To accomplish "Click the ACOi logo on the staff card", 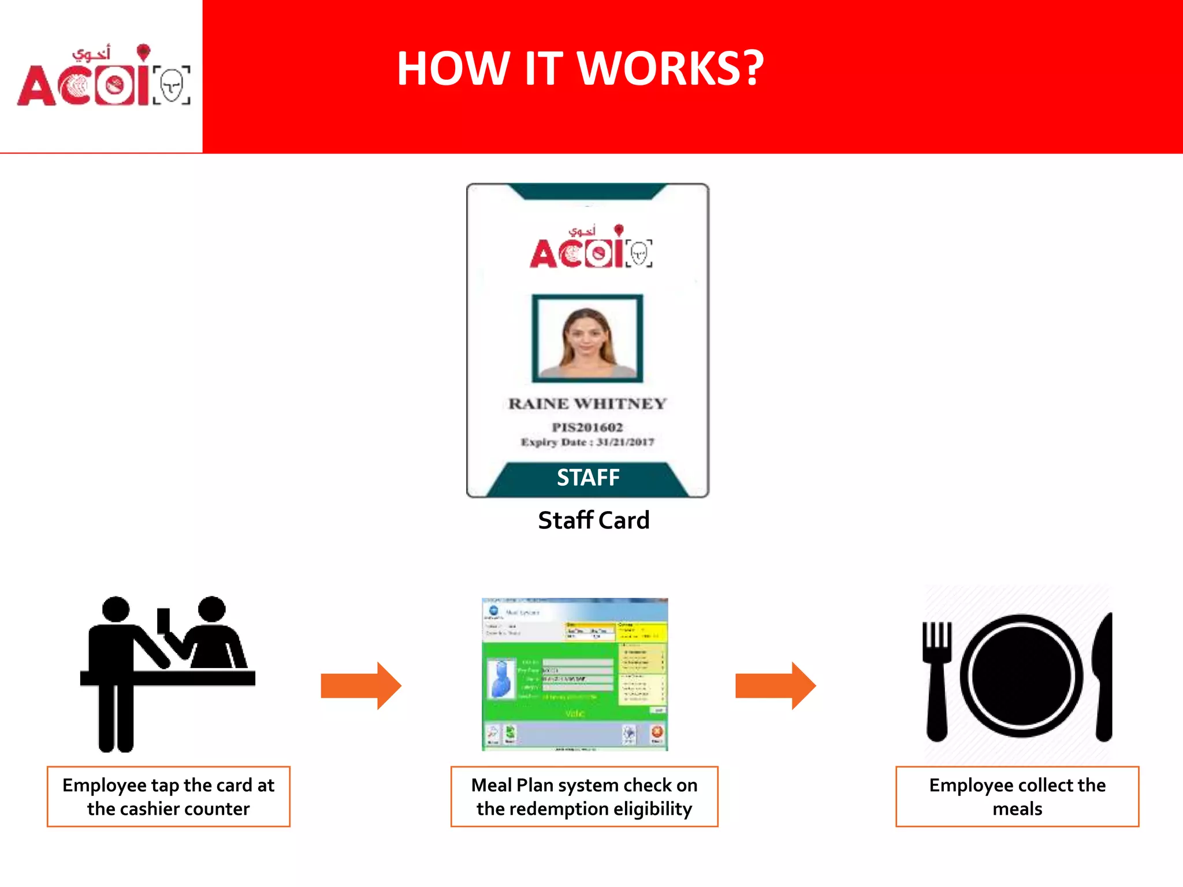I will (x=591, y=248).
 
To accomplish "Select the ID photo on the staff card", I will (x=587, y=338).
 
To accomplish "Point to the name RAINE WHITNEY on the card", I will (x=587, y=404).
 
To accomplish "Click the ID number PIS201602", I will (x=587, y=427).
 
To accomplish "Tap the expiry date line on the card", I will (x=587, y=442).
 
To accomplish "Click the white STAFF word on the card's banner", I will (x=588, y=478).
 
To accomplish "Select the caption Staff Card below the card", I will (x=594, y=520).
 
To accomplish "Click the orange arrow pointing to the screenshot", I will (x=361, y=685).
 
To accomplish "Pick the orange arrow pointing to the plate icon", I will (x=775, y=685).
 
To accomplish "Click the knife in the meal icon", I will (x=1103, y=679).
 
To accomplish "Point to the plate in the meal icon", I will (x=1021, y=676).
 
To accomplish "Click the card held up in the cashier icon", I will (x=163, y=621).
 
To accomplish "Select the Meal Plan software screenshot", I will (x=575, y=674).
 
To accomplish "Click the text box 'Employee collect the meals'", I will (x=1017, y=796).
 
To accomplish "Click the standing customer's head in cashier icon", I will (x=116, y=609).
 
